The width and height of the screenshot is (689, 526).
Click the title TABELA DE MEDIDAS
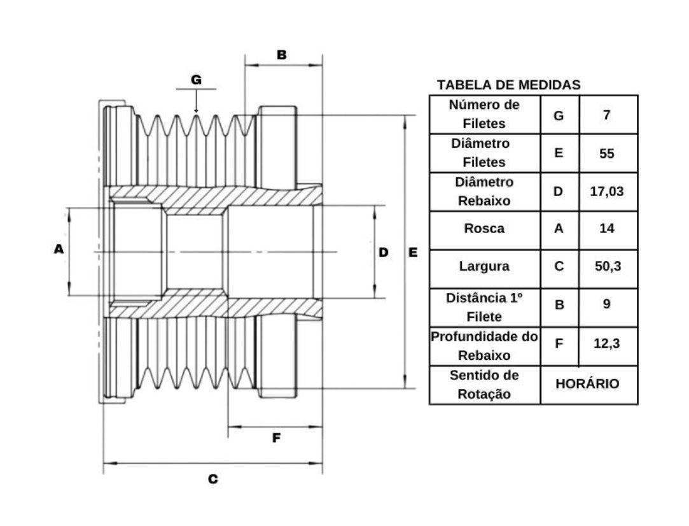pyautogui.click(x=508, y=85)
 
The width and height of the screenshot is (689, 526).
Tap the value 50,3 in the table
pyautogui.click(x=608, y=266)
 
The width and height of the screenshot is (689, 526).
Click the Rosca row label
pyautogui.click(x=484, y=228)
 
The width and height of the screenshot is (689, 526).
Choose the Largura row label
pyautogui.click(x=484, y=266)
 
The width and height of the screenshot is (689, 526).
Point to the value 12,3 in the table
pyautogui.click(x=606, y=343)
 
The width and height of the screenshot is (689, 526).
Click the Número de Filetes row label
pyautogui.click(x=484, y=114)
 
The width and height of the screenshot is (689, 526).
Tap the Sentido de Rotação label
pyautogui.click(x=484, y=385)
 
